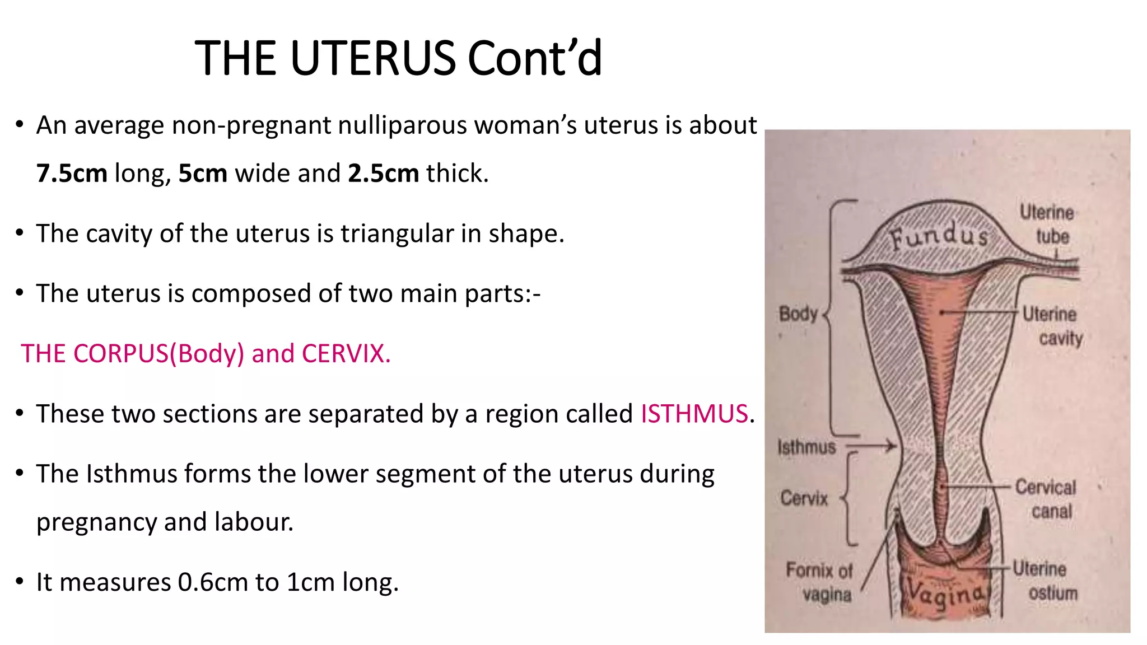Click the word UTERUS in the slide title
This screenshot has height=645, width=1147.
coord(373,58)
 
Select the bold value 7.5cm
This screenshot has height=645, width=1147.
coord(72,174)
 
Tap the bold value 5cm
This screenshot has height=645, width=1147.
coord(203,174)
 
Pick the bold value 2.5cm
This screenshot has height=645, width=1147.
coord(383,174)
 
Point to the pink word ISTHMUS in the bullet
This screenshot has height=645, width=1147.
coord(694,414)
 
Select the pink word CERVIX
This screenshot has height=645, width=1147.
coord(346,354)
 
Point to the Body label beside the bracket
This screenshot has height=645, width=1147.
coord(798,314)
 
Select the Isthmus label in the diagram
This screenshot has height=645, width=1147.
coord(806,447)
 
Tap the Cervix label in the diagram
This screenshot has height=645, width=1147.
coord(804,498)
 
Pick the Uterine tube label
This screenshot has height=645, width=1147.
coord(1047,224)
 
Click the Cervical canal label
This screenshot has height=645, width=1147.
coord(1046,499)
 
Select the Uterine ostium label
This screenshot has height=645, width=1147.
coord(1045,581)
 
